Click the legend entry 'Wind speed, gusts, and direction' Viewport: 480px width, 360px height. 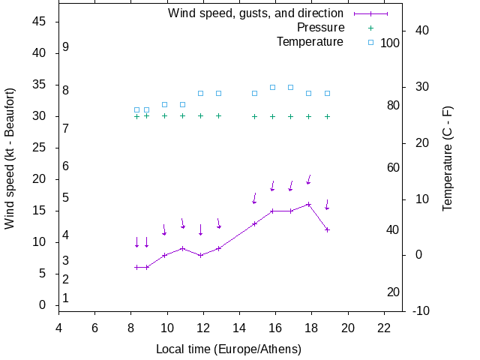coord(255,13)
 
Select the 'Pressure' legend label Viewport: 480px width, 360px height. coord(320,28)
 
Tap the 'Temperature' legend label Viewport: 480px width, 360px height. coord(310,42)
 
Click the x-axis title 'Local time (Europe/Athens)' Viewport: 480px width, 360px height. coord(229,349)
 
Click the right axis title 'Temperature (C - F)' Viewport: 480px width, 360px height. coord(448,157)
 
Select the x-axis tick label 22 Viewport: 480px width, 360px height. coord(384,328)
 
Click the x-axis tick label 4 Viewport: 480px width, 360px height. coord(58,328)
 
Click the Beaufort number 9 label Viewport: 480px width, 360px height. coord(66,47)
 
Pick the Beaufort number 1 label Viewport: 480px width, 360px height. coord(66,298)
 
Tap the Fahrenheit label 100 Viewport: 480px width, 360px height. coord(390,43)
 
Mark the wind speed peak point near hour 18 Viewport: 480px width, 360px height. coord(308,204)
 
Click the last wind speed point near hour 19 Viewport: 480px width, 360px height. coord(327,229)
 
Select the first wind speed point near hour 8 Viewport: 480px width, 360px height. coord(136,267)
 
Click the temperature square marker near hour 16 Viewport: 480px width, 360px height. coord(272,87)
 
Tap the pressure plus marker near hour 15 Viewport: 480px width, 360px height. coord(254,116)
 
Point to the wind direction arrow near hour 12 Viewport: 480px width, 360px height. coord(200,229)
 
